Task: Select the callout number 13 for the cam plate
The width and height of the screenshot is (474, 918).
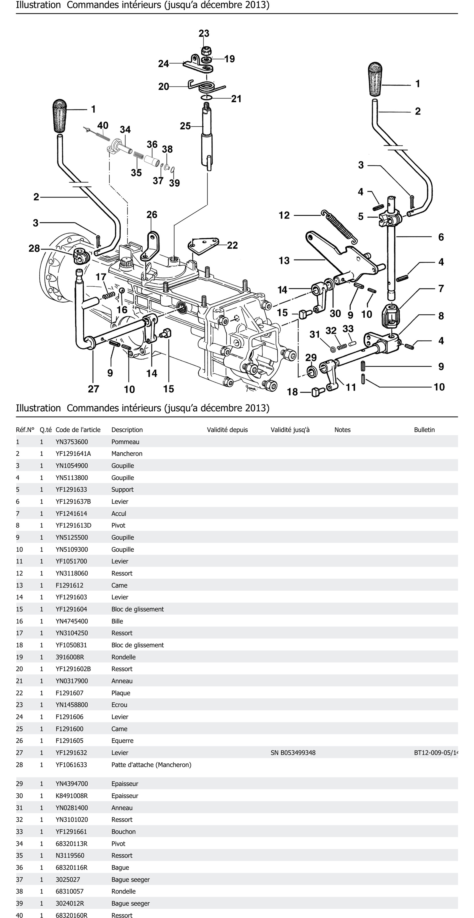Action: point(284,261)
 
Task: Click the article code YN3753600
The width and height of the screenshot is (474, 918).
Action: point(72,442)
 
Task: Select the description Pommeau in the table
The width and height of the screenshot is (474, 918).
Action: point(125,442)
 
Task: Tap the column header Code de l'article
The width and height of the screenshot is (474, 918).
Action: point(78,430)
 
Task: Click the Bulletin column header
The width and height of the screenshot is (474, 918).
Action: point(424,430)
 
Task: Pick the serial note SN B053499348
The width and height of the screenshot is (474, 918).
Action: point(293,753)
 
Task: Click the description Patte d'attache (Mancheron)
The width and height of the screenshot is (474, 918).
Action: point(151,765)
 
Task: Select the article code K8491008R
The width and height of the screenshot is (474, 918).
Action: point(72,796)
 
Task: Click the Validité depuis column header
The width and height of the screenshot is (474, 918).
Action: point(227,430)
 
